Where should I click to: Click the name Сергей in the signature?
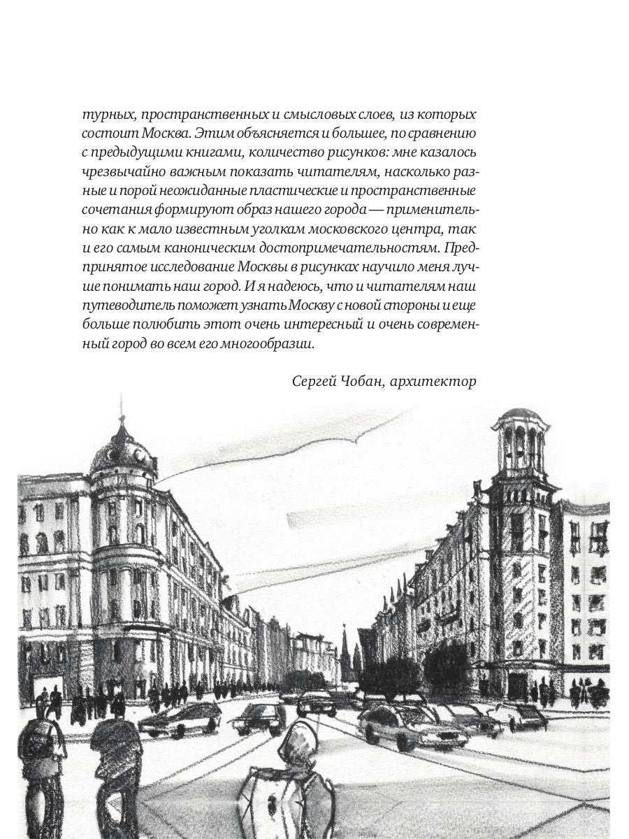(x=314, y=381)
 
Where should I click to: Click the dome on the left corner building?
(x=122, y=453)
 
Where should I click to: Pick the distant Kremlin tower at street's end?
(x=344, y=654)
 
